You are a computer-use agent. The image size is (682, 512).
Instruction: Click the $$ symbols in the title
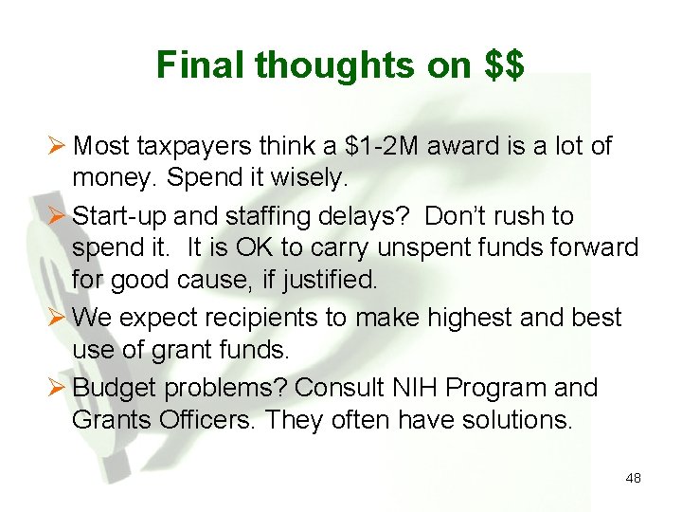[x=503, y=65]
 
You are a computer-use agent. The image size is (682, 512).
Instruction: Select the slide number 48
[x=633, y=478]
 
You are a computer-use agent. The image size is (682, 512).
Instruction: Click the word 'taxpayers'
[x=194, y=146]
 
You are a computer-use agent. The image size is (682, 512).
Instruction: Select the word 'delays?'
[x=368, y=217]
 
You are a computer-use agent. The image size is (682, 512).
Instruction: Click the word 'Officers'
[x=213, y=418]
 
